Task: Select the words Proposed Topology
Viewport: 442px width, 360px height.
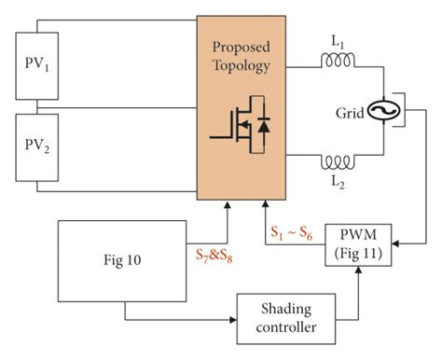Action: tap(242, 58)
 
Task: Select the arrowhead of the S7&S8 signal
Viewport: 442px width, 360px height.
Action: tap(228, 206)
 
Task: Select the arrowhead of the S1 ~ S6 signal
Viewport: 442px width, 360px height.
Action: tap(265, 206)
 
